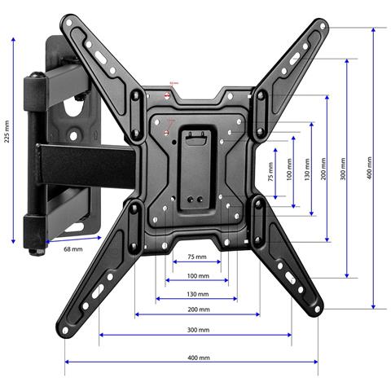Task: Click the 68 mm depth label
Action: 74,248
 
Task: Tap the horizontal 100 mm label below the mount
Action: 197,277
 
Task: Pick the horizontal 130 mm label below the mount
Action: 197,294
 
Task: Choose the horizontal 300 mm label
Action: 197,330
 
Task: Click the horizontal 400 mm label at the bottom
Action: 197,358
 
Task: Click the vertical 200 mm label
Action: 324,174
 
